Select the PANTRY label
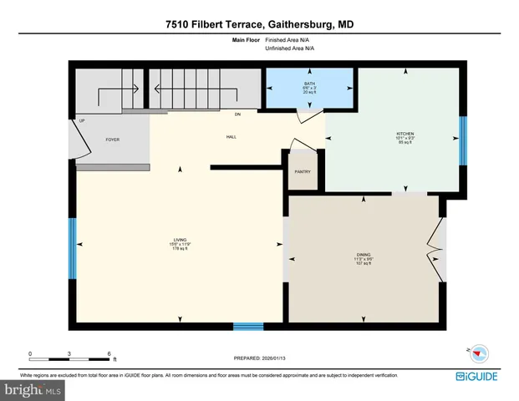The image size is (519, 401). click(303, 171)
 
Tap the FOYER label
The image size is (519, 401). click(112, 140)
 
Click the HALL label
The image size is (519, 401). click(231, 137)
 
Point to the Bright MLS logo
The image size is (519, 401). click(33, 389)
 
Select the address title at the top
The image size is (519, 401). click(259, 25)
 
